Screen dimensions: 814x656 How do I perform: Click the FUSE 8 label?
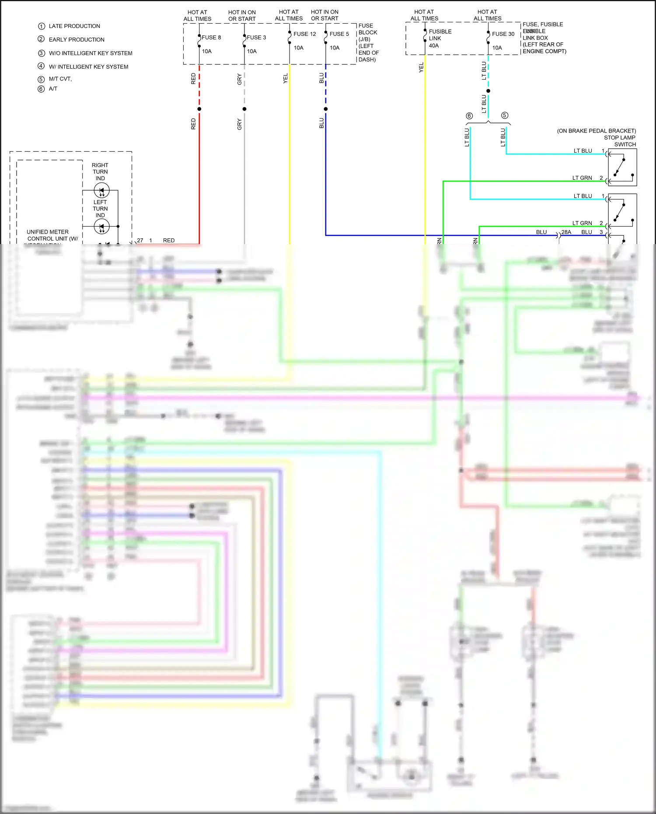(x=211, y=38)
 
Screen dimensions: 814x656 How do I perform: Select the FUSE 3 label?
(x=256, y=38)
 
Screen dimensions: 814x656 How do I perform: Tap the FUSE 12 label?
(x=304, y=34)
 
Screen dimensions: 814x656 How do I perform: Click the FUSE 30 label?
(x=503, y=34)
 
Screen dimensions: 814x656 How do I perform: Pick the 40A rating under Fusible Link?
(x=433, y=45)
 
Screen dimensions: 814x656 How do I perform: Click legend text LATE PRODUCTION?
(x=74, y=26)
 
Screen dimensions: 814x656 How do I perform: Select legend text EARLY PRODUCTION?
(x=77, y=40)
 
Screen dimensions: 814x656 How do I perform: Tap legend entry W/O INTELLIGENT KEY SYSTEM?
(x=91, y=53)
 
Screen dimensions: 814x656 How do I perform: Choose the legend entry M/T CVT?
(x=60, y=79)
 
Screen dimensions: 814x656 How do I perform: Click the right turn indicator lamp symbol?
(x=101, y=191)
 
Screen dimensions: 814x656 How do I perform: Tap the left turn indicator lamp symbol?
(x=101, y=227)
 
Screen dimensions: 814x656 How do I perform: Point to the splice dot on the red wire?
(x=199, y=109)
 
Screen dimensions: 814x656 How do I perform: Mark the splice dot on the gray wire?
(x=244, y=109)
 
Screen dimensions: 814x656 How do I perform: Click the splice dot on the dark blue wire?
(x=326, y=109)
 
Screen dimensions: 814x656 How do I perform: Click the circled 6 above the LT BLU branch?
(x=469, y=116)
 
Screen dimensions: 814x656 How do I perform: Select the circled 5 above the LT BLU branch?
(x=505, y=115)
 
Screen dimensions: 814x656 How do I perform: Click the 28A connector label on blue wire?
(x=566, y=232)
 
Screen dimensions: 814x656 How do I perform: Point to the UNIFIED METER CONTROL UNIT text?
(x=50, y=235)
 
